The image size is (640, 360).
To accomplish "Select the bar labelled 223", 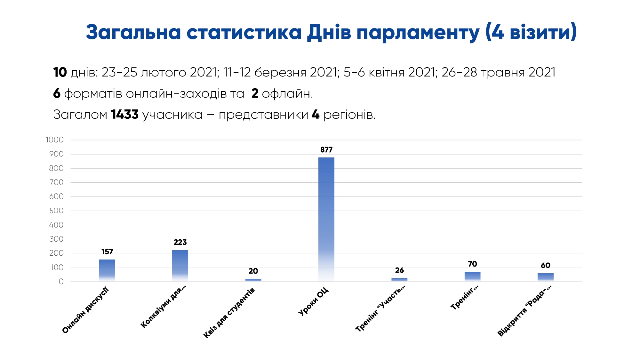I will (180, 266).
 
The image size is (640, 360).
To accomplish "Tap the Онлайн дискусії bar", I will (107, 270).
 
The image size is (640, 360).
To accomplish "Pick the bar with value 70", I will (472, 276).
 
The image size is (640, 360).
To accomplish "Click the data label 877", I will (326, 150).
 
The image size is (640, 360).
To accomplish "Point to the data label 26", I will (399, 270).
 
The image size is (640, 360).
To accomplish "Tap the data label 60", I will (545, 265).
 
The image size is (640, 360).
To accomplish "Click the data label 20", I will (253, 271).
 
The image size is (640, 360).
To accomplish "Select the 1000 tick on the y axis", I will (55, 140).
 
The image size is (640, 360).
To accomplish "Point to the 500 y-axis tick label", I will (56, 211).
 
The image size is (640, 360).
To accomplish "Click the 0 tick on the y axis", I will (61, 282).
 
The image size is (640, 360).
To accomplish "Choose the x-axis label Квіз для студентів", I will (229, 313).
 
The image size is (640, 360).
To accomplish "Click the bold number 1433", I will (124, 115).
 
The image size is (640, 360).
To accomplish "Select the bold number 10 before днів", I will (60, 72).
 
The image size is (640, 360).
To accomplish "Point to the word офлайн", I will (287, 93).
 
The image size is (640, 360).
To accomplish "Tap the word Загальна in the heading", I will (133, 33).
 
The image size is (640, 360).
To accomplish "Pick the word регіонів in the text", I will (349, 115).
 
